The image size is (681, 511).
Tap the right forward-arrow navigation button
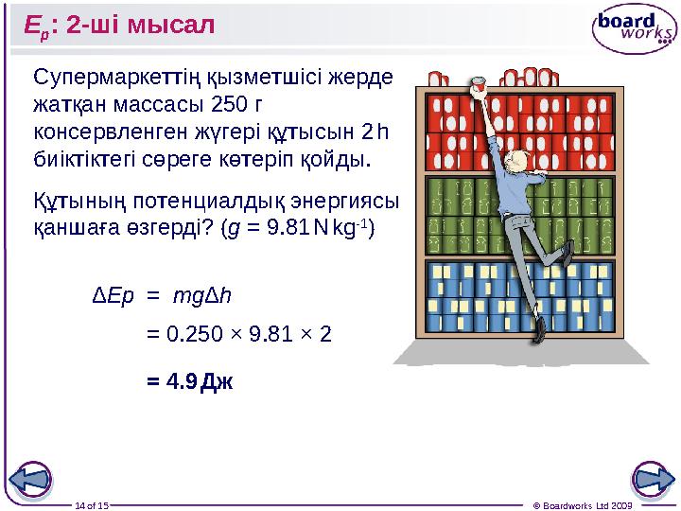(652, 480)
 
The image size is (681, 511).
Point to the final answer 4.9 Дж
(189, 381)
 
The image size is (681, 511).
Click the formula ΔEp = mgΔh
(161, 296)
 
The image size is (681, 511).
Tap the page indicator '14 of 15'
(93, 505)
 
